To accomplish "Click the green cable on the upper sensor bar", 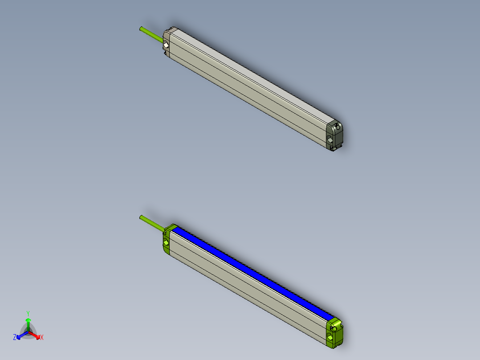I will (151, 35).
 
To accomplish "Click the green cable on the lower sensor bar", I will (151, 223).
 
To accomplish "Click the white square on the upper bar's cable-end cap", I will (166, 45).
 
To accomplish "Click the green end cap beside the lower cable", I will (167, 241).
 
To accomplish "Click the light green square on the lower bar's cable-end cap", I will (166, 243).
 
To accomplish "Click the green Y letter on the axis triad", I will (28, 313).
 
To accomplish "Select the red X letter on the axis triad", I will (42, 338).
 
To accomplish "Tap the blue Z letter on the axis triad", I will (15, 338).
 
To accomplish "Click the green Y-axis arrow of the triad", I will (28, 323).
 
